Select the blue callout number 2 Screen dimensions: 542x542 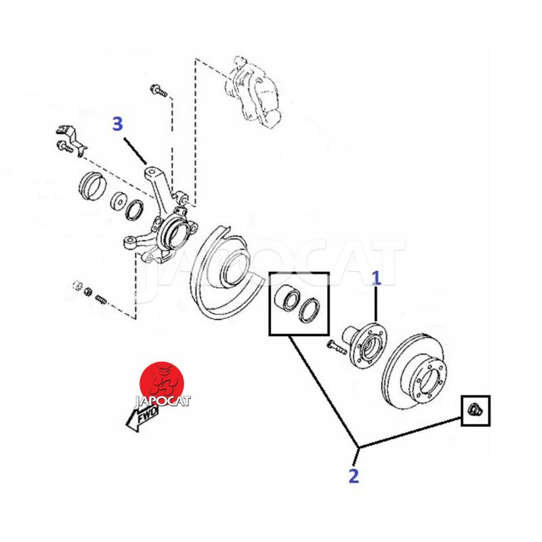coord(353,475)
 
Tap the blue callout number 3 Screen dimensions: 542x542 coord(118,124)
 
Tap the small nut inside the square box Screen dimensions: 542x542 coord(475,409)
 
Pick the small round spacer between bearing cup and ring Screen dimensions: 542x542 coord(118,201)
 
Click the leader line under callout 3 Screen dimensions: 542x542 coord(136,149)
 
